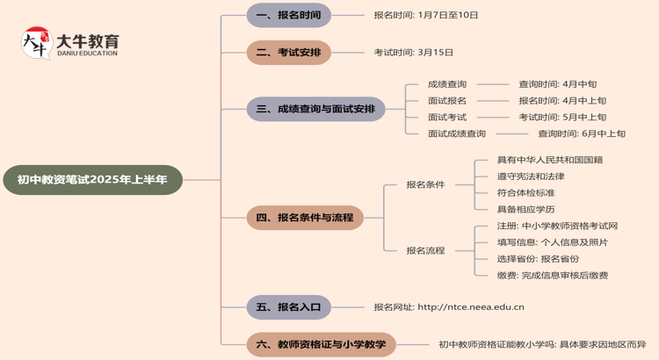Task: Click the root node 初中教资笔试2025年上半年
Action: tap(92, 180)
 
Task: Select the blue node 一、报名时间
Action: tap(288, 15)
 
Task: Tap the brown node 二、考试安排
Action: tap(288, 53)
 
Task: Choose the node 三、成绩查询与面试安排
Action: tap(315, 109)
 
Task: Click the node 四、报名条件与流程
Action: tap(304, 218)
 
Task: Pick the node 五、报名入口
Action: tap(288, 307)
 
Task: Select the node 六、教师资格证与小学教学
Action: tap(321, 344)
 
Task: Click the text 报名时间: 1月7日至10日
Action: tap(426, 15)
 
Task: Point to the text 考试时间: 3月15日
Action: tap(414, 53)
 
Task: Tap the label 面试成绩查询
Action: tap(457, 133)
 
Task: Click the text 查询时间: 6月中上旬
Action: tap(582, 133)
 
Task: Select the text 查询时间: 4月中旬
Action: tap(557, 84)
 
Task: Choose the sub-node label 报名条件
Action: tap(425, 184)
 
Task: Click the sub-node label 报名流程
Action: tap(425, 250)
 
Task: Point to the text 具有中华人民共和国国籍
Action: tap(550, 160)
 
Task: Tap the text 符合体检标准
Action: tap(526, 193)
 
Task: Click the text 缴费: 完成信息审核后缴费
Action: tap(553, 275)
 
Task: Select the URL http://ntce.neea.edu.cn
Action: tap(471, 307)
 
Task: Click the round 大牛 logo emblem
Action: tap(36, 42)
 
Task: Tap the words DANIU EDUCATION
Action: tap(87, 54)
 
